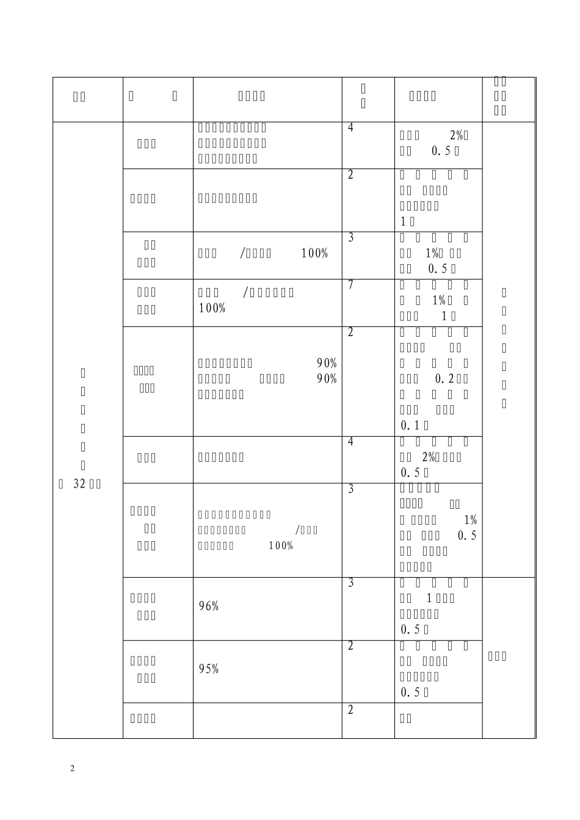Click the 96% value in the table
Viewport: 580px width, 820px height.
(x=209, y=606)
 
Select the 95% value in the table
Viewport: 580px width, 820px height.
(x=209, y=669)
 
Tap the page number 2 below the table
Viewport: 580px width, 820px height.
(x=72, y=768)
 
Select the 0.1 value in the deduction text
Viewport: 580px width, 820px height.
(x=410, y=425)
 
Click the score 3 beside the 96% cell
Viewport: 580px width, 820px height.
(x=350, y=583)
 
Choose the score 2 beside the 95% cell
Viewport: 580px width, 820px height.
(x=350, y=646)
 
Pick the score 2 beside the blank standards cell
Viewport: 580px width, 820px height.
(x=350, y=710)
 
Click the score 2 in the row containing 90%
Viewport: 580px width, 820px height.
(x=350, y=333)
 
